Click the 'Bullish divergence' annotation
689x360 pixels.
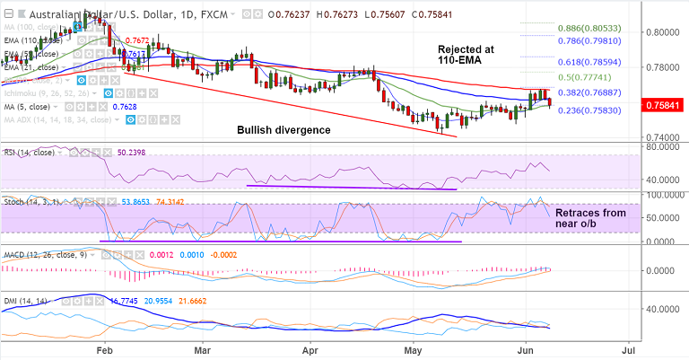283,130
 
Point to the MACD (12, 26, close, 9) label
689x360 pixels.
43,255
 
